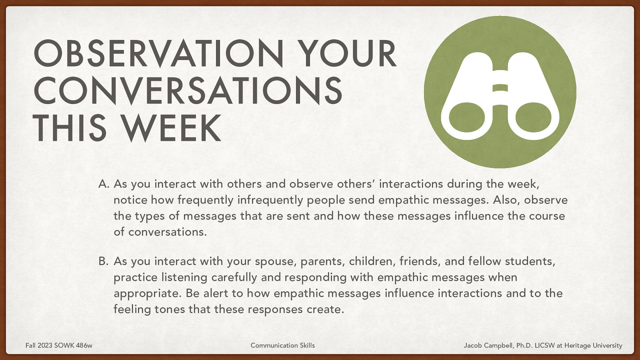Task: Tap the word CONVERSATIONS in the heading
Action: pyautogui.click(x=188, y=91)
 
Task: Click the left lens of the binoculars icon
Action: pyautogui.click(x=467, y=118)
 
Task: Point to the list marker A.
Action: pyautogui.click(x=104, y=184)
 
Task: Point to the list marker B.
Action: pyautogui.click(x=104, y=261)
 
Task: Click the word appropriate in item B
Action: pyautogui.click(x=148, y=294)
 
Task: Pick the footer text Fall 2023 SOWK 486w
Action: pyautogui.click(x=59, y=345)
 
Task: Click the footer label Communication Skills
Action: pyautogui.click(x=282, y=345)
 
